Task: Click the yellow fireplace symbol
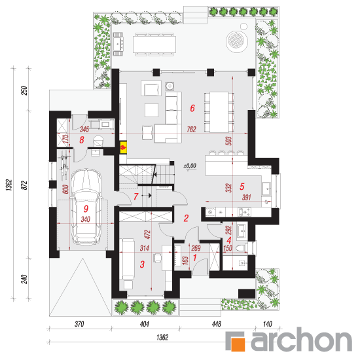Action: point(124,147)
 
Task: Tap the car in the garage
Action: point(86,207)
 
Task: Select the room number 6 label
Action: point(192,108)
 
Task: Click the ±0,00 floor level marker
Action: point(190,166)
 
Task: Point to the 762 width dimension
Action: point(191,129)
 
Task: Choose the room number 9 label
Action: point(86,209)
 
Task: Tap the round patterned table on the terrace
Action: point(237,41)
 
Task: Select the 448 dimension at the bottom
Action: point(217,324)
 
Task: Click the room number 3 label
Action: point(142,264)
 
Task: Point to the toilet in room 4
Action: point(242,248)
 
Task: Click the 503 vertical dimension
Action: point(229,141)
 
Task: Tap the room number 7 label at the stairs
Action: point(136,196)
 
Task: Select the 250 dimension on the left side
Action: point(24,90)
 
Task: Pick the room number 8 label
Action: point(82,140)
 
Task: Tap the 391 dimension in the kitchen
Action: point(246,198)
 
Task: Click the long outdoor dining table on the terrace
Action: point(154,45)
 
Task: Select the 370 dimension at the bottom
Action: point(79,324)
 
